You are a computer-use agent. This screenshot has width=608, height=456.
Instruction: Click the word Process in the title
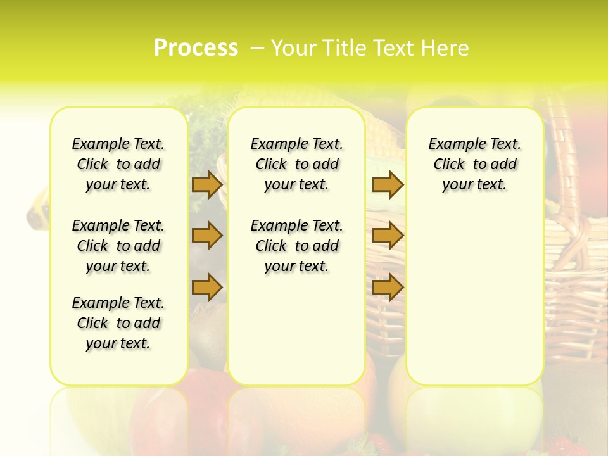tap(196, 47)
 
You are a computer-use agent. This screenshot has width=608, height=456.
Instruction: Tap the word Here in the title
tap(446, 48)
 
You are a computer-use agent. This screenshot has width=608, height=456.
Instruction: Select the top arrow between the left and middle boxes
tap(206, 184)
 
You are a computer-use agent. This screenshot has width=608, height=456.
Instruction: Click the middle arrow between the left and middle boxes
tap(206, 236)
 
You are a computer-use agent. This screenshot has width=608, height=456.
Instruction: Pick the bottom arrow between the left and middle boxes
tap(206, 287)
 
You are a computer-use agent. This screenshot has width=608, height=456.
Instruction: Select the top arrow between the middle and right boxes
tap(388, 184)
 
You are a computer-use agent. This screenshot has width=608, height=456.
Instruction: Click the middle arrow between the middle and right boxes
tap(388, 236)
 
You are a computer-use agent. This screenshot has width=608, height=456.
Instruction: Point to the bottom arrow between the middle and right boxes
tap(388, 287)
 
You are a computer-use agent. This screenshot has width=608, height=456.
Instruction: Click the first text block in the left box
tap(118, 164)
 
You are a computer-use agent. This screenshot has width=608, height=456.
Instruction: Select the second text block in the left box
tap(118, 246)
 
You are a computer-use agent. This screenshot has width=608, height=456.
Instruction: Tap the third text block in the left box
tap(118, 323)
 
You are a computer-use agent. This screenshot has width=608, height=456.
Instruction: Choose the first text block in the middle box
tap(297, 164)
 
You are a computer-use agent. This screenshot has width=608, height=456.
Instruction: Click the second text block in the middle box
tap(297, 246)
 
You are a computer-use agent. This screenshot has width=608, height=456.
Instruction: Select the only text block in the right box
tap(475, 164)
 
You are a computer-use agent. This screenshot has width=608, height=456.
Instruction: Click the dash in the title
tap(257, 48)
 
